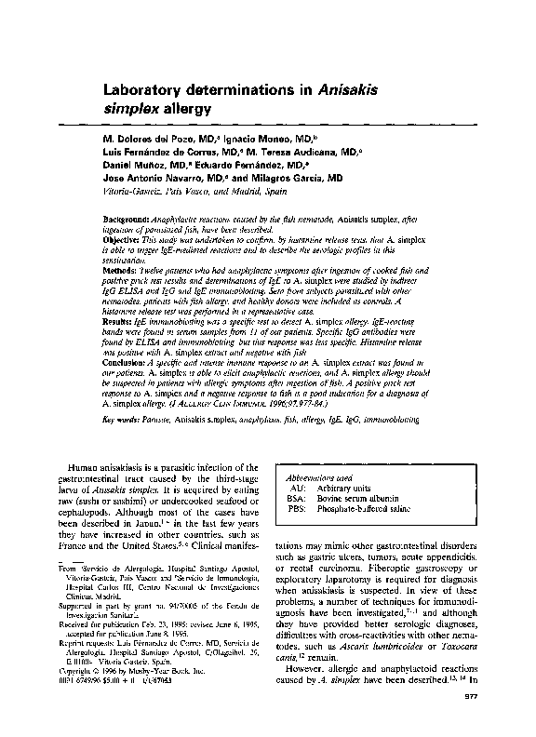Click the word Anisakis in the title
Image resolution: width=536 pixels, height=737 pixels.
pyautogui.click(x=344, y=91)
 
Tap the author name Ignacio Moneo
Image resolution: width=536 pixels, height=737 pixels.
pyautogui.click(x=264, y=138)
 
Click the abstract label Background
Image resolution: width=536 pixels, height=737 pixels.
pyautogui.click(x=126, y=217)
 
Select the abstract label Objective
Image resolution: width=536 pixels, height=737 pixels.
pyautogui.click(x=122, y=237)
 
